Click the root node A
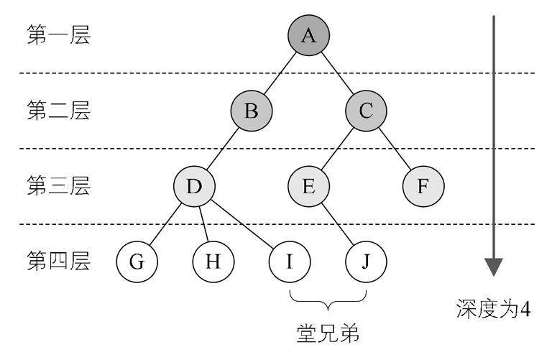click(309, 35)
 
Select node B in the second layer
click(252, 111)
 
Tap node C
click(366, 111)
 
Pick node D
click(194, 186)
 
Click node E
click(309, 186)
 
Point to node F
click(423, 186)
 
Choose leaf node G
click(137, 262)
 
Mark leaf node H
click(213, 262)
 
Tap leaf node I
click(290, 262)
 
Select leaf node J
click(366, 262)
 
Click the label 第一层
click(58, 34)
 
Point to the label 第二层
click(58, 110)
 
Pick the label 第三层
click(58, 185)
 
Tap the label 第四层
click(58, 261)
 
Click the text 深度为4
click(493, 309)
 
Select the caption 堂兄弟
click(328, 333)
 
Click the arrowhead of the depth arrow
click(494, 267)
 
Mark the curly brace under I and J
click(328, 302)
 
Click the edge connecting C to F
click(395, 149)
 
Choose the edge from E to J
click(337, 223)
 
